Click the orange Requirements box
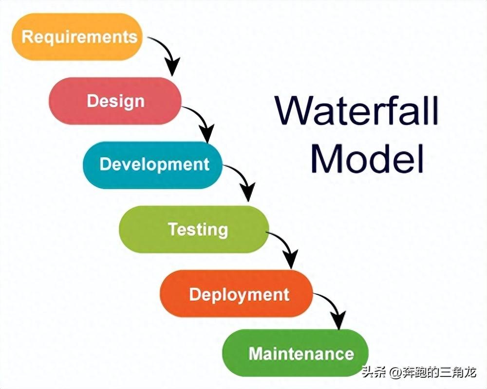click(x=77, y=36)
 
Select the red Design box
click(x=115, y=101)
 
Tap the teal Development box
click(x=153, y=165)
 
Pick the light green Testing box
click(x=194, y=229)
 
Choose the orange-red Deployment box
click(x=236, y=294)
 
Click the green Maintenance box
click(x=296, y=353)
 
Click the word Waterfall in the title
click(x=356, y=110)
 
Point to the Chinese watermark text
click(x=419, y=371)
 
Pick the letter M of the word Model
click(x=326, y=159)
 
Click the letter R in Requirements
click(x=27, y=36)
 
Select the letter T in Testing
click(x=173, y=229)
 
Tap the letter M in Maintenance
click(x=256, y=354)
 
